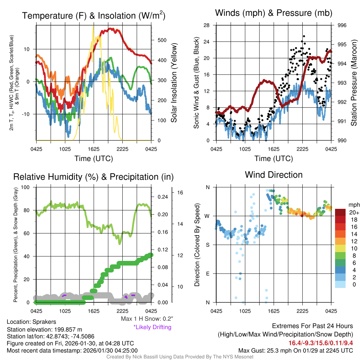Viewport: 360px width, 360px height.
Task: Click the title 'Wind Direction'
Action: point(274,175)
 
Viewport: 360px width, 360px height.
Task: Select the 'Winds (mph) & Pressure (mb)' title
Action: point(274,13)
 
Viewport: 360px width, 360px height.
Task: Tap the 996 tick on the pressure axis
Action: point(342,25)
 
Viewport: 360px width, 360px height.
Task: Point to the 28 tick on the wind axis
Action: point(206,25)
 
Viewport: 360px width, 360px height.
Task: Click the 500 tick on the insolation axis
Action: point(162,40)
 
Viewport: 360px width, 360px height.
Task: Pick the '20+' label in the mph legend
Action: point(354,213)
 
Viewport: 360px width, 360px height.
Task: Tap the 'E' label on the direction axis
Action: point(208,274)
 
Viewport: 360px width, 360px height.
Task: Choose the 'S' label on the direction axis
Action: point(208,245)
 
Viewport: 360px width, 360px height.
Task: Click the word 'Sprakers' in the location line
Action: point(44,322)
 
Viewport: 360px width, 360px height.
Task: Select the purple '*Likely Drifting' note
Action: point(152,327)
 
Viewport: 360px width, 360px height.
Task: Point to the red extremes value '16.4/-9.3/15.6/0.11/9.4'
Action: point(321,343)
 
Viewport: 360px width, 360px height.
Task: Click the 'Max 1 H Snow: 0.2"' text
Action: point(147,319)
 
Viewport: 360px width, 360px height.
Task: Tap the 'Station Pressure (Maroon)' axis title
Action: point(354,82)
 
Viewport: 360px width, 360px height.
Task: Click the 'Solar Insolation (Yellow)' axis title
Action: point(174,83)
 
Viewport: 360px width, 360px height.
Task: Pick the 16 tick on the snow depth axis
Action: point(180,193)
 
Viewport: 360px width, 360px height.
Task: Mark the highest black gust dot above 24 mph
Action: point(304,36)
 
